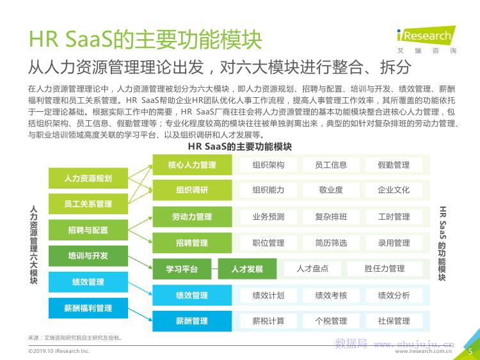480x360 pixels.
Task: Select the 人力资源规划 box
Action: tap(88, 178)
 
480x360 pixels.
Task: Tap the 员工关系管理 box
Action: tap(88, 204)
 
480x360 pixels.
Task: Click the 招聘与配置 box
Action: tap(88, 230)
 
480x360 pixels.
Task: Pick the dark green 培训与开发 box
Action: tap(88, 256)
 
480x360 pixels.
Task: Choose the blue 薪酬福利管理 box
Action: tap(88, 308)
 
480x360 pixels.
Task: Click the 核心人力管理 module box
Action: tap(191, 165)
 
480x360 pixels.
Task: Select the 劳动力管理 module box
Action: tap(191, 217)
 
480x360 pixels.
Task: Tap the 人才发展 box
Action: tap(247, 269)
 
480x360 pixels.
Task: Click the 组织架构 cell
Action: tap(268, 165)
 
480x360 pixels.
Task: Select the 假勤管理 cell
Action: tap(394, 165)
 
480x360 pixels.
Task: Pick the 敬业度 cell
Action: tap(331, 190)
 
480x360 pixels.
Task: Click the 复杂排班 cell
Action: tap(331, 217)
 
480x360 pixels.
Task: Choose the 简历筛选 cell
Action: tap(331, 243)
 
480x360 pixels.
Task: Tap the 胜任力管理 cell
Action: tap(385, 269)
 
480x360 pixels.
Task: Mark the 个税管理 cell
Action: tap(331, 321)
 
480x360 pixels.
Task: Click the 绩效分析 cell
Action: tap(394, 295)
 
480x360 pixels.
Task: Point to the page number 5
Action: tap(470, 351)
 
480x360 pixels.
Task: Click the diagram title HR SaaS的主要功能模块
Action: tap(240, 147)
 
